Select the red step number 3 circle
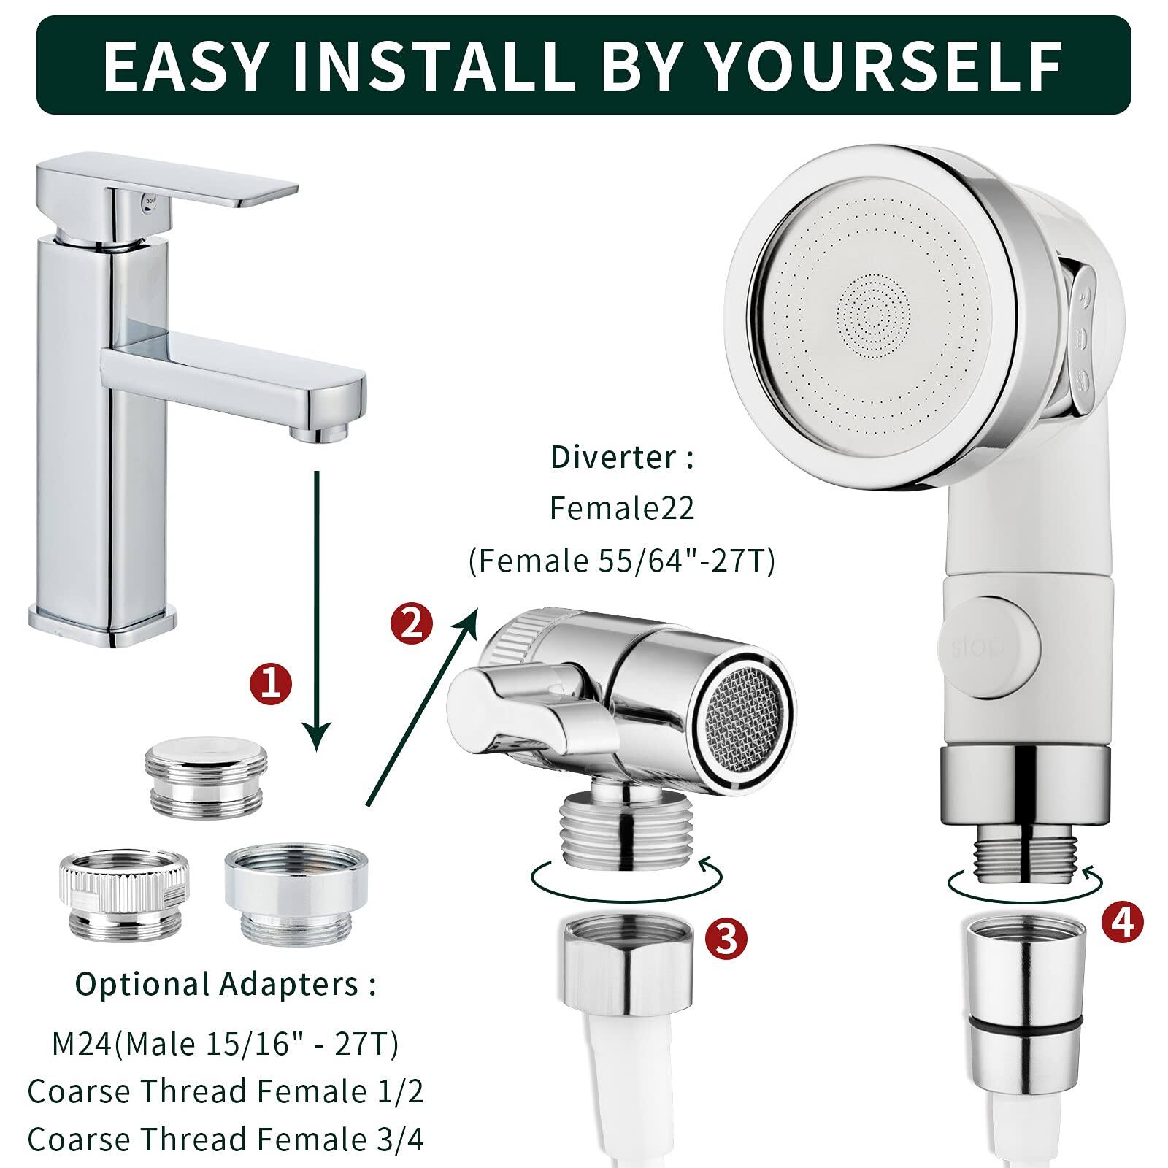click(726, 938)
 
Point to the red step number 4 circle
click(1121, 921)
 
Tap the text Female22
click(622, 508)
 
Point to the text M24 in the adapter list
click(82, 1044)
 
